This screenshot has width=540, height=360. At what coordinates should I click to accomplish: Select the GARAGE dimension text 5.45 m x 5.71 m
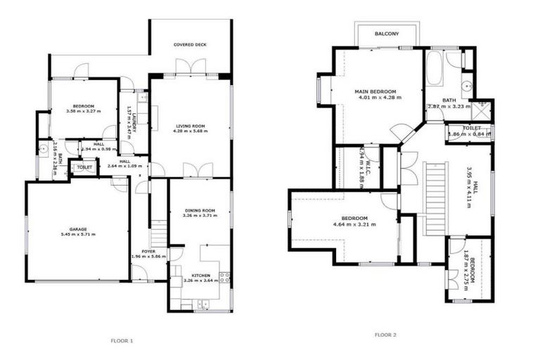click(77, 234)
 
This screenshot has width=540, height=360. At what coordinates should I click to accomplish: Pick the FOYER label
click(148, 250)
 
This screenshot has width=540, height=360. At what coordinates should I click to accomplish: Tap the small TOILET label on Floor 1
click(84, 168)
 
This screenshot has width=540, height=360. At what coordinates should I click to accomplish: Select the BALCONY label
click(387, 34)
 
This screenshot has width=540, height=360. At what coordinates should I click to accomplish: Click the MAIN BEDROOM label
click(375, 91)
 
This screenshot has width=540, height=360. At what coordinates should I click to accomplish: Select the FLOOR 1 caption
click(122, 341)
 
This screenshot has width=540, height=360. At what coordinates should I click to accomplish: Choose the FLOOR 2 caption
click(385, 335)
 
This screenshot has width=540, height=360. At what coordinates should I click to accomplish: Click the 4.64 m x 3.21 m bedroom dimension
click(354, 225)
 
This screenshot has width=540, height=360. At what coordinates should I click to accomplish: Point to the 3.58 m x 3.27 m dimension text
click(80, 111)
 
